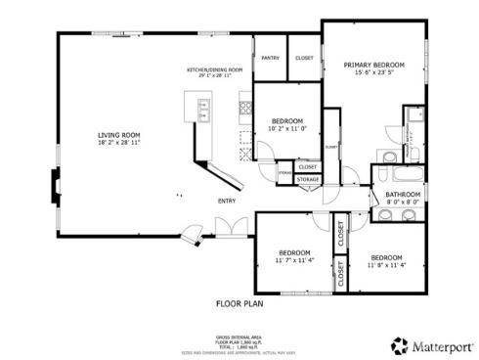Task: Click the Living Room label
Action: [118, 135]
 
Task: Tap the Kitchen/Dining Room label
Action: [214, 70]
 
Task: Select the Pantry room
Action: [270, 59]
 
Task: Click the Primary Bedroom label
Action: [373, 66]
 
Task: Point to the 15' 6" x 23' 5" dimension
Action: [373, 73]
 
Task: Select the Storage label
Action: [307, 180]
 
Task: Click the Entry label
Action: [227, 202]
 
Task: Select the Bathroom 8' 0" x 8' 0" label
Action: [402, 200]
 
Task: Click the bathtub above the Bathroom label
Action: [401, 176]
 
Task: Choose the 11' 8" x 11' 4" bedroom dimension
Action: [386, 265]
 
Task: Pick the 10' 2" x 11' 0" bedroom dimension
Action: [287, 128]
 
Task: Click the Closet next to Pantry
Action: [304, 59]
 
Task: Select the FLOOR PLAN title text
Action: [239, 304]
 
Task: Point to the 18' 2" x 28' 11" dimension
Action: [118, 143]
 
